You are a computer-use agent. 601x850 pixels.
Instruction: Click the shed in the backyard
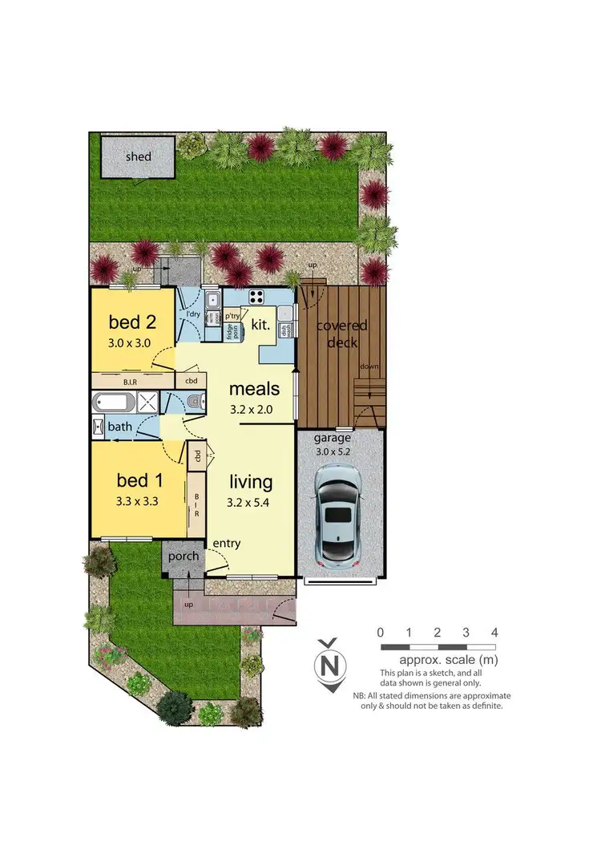(x=138, y=157)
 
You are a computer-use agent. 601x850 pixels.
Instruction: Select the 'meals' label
(x=254, y=389)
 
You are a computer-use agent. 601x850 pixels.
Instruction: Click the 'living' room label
(x=251, y=482)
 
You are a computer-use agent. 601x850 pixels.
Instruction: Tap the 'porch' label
(x=183, y=556)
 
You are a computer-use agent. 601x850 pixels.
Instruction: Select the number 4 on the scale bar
(x=494, y=632)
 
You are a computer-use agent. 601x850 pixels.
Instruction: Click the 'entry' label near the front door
(x=226, y=544)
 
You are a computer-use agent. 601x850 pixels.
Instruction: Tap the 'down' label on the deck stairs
(x=369, y=366)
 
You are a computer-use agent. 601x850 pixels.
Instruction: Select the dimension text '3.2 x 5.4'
(x=251, y=505)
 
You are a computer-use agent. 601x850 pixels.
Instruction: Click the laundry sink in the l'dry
(x=213, y=301)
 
